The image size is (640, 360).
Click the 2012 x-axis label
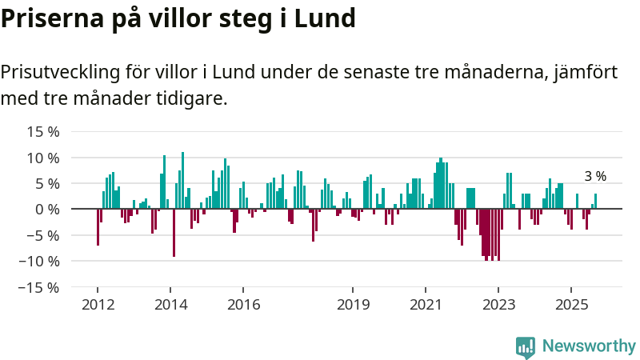pos(98,305)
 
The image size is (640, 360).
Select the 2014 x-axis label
pos(170,305)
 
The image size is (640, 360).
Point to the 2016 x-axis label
pos(244,305)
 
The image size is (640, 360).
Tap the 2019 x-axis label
pos(353,305)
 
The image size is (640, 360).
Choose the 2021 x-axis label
pos(426,305)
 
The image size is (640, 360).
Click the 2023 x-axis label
pos(499,305)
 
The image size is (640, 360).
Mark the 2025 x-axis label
pos(572,305)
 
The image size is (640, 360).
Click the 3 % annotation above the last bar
pos(595,177)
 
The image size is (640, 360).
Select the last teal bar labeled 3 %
pos(595,202)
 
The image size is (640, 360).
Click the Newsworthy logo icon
pos(526,346)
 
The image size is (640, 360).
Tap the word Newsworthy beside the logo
pos(589,346)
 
